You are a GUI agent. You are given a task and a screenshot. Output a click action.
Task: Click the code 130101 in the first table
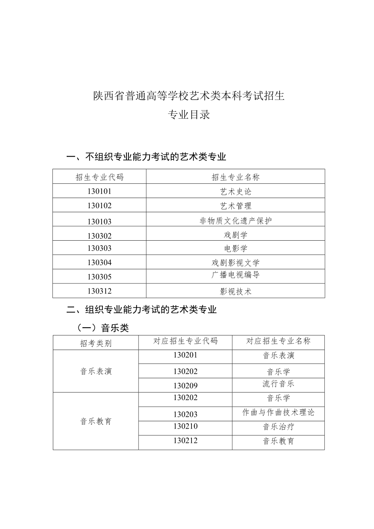pos(99,191)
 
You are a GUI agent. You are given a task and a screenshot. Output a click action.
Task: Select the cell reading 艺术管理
pos(236,206)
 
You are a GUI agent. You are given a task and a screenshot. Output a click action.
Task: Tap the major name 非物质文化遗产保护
pos(236,221)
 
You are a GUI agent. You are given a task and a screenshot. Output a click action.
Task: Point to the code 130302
pos(99,236)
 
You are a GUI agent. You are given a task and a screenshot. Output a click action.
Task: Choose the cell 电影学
pos(236,248)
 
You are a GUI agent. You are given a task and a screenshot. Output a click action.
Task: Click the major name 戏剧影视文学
pos(236,263)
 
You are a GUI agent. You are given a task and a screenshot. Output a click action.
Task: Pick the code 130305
pos(99,276)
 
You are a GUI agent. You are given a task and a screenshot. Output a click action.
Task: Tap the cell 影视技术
pos(236,291)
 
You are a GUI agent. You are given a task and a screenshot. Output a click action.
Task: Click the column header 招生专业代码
pos(99,177)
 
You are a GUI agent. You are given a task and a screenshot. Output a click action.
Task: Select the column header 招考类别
pos(96,343)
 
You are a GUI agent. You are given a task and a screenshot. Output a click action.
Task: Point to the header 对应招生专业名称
pos(278,341)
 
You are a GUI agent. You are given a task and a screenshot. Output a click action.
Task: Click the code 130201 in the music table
pos(185,355)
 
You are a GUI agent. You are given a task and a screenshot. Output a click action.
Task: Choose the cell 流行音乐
pos(278,383)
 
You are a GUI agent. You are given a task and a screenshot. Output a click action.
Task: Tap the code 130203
pos(185,414)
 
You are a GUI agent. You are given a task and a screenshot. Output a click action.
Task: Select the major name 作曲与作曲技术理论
pos(278,412)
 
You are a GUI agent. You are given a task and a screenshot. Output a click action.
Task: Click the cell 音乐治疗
pos(278,427)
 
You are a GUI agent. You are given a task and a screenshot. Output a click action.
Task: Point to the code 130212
pos(185,441)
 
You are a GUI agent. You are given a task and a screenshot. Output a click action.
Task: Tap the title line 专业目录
pos(189,115)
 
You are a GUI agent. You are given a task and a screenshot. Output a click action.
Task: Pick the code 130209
pos(185,385)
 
